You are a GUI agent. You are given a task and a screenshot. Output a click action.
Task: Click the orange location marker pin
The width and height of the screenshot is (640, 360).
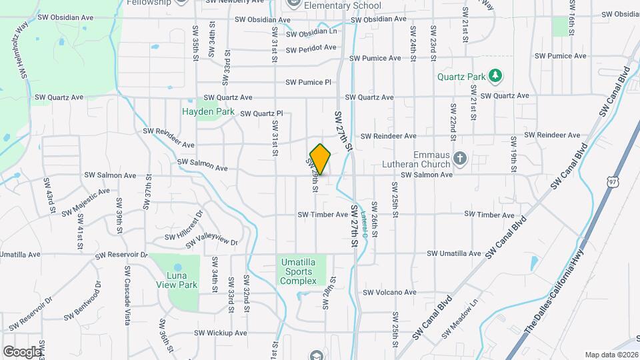(321, 159)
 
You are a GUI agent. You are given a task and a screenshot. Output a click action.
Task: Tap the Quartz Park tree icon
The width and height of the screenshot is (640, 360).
(495, 76)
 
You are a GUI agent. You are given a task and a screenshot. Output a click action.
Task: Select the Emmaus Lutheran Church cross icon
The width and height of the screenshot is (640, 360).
(459, 158)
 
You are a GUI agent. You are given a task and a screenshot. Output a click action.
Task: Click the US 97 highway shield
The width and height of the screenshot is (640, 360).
(613, 181)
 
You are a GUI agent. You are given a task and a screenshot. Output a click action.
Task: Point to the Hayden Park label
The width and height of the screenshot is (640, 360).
(209, 111)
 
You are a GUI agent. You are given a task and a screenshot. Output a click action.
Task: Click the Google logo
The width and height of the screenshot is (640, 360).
(22, 351)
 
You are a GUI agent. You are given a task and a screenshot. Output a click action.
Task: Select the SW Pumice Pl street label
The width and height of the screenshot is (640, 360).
(308, 83)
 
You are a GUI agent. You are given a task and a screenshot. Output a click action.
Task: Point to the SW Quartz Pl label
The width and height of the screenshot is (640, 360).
(262, 113)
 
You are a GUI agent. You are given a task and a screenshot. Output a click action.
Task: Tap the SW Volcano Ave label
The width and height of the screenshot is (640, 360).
(389, 292)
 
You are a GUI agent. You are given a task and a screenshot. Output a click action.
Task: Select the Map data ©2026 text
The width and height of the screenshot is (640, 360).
(611, 355)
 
